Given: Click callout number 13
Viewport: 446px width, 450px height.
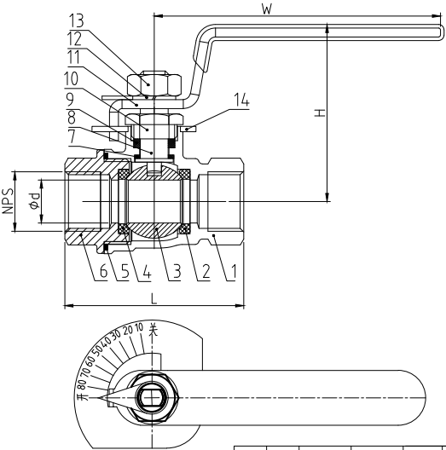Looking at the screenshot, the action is (x=77, y=20).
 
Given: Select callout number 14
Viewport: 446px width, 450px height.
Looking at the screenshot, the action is (x=241, y=100).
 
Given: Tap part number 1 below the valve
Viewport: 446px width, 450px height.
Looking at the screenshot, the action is (x=234, y=271).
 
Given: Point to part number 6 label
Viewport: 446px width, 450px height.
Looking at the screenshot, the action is (x=103, y=271).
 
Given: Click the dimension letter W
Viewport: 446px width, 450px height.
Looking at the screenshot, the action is (x=267, y=9).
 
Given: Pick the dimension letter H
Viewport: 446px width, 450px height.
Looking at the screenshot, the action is (x=320, y=112).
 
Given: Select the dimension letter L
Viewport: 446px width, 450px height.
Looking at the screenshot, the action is (x=154, y=299).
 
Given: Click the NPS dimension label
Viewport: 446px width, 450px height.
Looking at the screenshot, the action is (x=9, y=201).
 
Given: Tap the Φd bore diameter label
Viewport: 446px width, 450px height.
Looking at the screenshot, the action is (x=34, y=201).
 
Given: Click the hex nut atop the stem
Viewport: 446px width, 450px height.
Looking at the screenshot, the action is (x=154, y=84).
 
